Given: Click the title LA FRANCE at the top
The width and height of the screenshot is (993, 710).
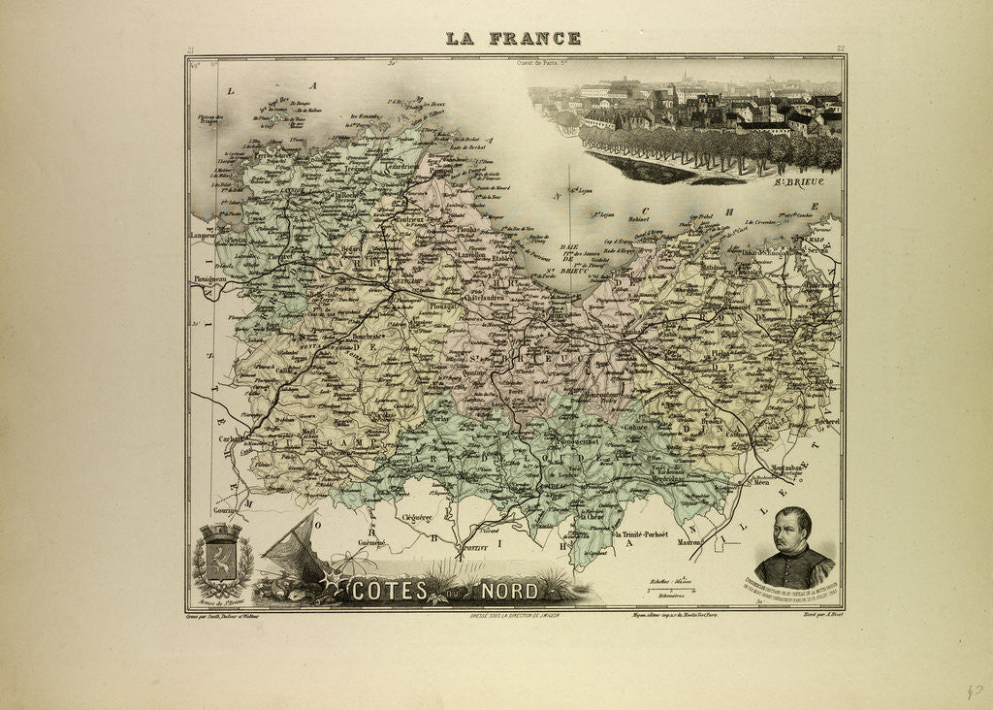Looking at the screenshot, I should [513, 39].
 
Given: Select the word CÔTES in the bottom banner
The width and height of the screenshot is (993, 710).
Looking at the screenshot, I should [387, 590].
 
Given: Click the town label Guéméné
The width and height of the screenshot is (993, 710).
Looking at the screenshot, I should [371, 541].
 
